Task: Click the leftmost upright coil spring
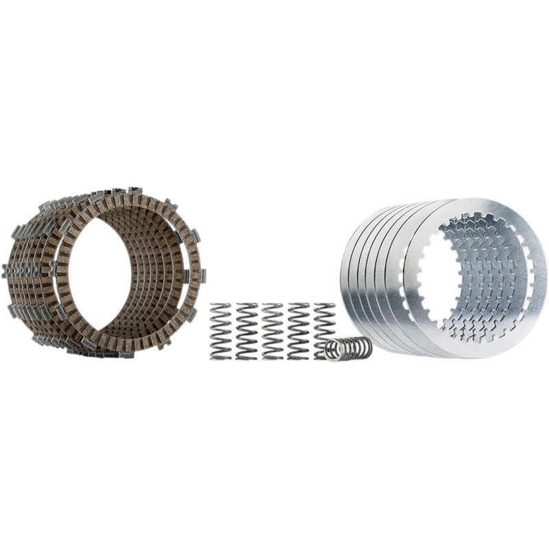(x=221, y=331)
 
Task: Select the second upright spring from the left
(x=247, y=331)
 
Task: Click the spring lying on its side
(x=349, y=349)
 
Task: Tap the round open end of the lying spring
(x=334, y=351)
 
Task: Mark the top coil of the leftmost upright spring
(x=221, y=306)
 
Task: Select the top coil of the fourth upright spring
(x=299, y=305)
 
